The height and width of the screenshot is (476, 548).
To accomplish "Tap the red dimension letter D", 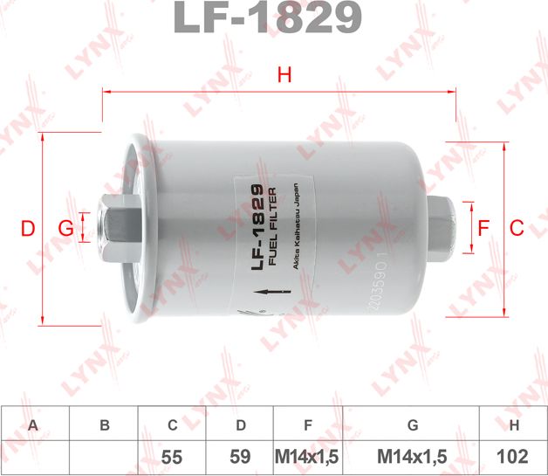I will [x=28, y=229].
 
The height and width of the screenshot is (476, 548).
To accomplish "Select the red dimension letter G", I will [x=65, y=229].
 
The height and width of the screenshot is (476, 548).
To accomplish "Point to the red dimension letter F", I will [x=483, y=228].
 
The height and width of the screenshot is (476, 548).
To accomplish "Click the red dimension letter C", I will [x=516, y=228].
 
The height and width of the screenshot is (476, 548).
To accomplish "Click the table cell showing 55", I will [x=173, y=456].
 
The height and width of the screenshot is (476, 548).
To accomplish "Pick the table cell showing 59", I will [x=240, y=456].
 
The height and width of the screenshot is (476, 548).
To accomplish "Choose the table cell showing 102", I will [x=514, y=456].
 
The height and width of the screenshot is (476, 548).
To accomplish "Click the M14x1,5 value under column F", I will [x=306, y=456].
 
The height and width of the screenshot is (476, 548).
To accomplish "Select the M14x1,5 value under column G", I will [x=413, y=456].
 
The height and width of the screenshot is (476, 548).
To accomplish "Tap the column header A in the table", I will [x=34, y=425].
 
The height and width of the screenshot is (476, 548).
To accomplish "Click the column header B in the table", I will [x=104, y=425].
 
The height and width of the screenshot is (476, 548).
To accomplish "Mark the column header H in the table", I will [x=514, y=425].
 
